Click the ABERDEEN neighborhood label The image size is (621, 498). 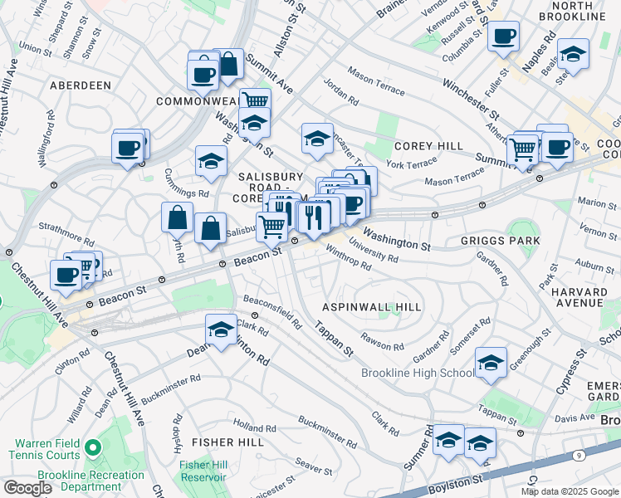(x=81, y=85)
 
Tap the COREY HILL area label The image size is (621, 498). (x=428, y=146)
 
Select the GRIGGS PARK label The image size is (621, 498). (x=500, y=241)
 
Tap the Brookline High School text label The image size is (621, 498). (x=418, y=373)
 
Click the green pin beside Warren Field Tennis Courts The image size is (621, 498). (x=92, y=448)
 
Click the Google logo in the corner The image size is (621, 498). (x=27, y=488)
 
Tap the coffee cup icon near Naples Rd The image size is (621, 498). (x=503, y=37)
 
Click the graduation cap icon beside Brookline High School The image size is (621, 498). (x=491, y=363)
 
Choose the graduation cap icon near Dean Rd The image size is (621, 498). (x=221, y=330)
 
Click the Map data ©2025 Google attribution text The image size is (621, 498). (x=570, y=491)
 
